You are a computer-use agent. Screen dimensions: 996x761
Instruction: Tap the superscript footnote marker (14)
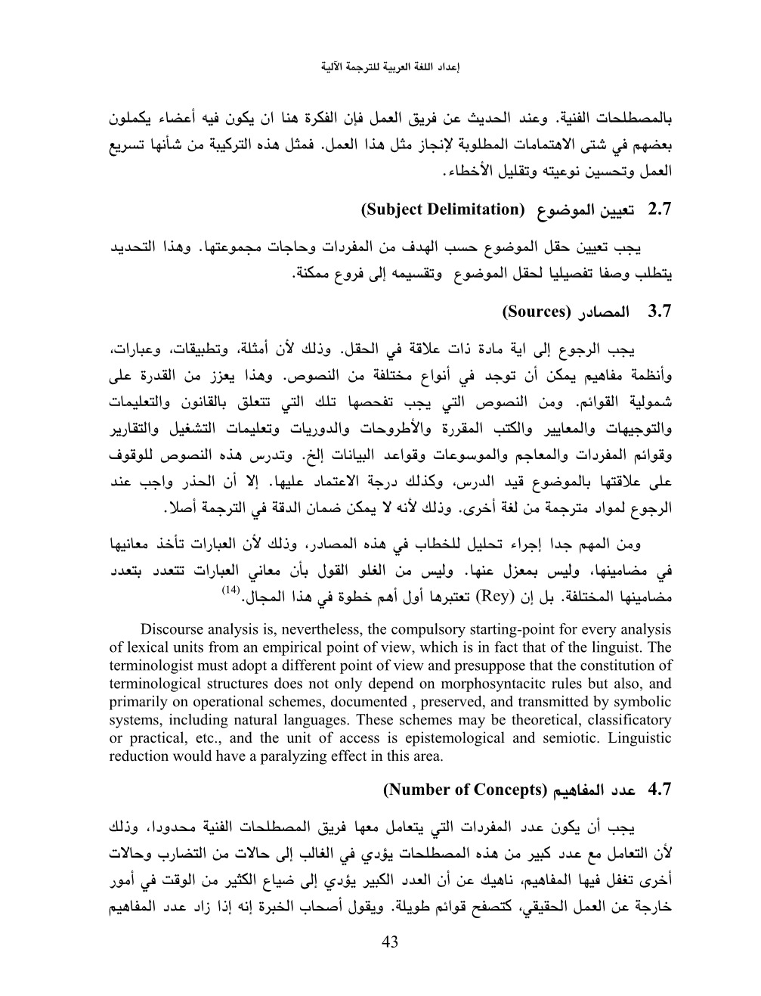click(x=230, y=589)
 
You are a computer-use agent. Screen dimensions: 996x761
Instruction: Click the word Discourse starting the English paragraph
click(x=175, y=629)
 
